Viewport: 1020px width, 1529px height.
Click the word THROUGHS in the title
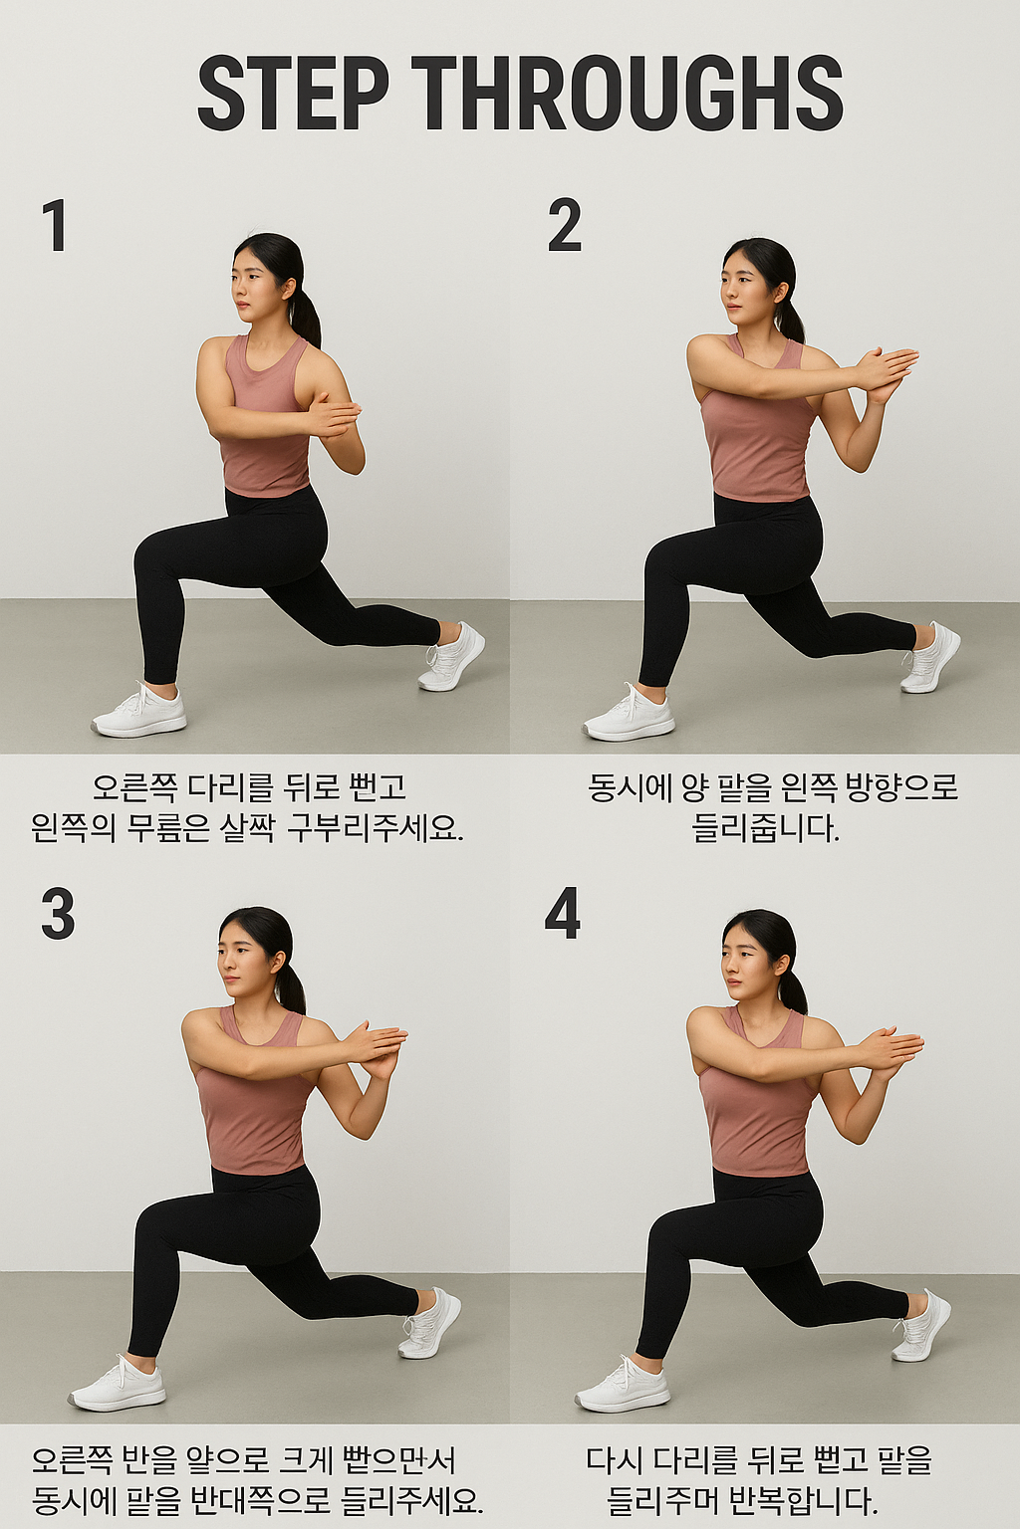627,94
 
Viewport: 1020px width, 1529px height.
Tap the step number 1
54,225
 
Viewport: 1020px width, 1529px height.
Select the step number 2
564,225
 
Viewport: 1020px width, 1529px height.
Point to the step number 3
58,914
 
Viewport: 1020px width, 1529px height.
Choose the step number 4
563,914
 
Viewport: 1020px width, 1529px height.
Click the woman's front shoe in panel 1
139,713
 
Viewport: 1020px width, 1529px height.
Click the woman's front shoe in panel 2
629,717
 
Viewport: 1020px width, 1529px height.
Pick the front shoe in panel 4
623,1388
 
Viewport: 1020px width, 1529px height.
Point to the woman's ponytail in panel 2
789,317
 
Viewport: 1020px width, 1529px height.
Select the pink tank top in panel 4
757,1120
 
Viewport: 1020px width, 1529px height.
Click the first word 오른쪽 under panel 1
134,787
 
